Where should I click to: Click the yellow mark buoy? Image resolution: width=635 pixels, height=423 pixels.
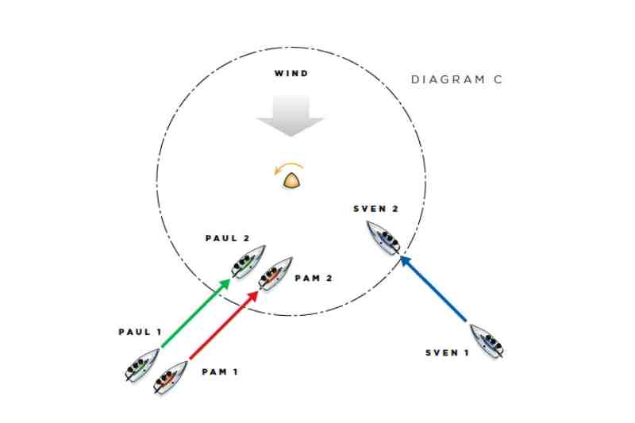click(x=291, y=180)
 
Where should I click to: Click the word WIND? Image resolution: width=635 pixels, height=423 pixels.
click(x=291, y=73)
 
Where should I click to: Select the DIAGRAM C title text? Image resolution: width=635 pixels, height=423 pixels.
click(x=456, y=79)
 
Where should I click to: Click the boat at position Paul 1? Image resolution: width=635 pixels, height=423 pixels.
click(x=142, y=365)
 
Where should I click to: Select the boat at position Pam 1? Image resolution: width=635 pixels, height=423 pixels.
click(x=171, y=377)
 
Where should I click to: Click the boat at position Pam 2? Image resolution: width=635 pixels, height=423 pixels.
click(x=275, y=274)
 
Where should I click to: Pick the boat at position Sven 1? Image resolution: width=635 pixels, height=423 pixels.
click(x=487, y=340)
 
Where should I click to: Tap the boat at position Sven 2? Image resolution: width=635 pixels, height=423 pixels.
click(x=383, y=238)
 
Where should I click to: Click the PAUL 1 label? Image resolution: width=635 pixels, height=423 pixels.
click(x=140, y=332)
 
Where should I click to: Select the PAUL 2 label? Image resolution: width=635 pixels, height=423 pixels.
click(x=228, y=238)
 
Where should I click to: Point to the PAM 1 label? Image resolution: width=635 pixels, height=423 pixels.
click(x=220, y=371)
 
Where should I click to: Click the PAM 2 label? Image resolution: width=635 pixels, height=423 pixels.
click(x=314, y=278)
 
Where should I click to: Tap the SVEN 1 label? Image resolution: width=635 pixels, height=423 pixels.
click(x=447, y=352)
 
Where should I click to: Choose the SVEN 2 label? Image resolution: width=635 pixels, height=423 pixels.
click(x=375, y=209)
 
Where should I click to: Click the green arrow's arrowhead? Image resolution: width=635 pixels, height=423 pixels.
click(x=224, y=284)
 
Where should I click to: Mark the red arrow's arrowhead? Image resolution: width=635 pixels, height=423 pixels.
click(x=252, y=296)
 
